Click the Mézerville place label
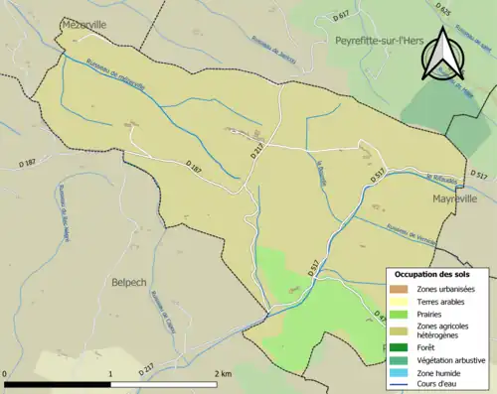(83, 23)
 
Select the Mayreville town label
(454, 198)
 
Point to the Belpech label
(129, 282)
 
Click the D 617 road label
(342, 16)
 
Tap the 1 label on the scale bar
(111, 374)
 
